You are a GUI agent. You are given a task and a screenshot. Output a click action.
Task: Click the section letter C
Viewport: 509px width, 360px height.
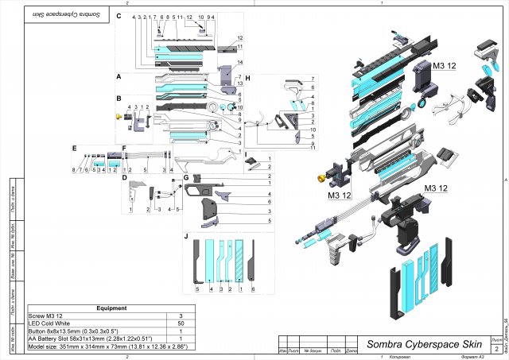(119, 16)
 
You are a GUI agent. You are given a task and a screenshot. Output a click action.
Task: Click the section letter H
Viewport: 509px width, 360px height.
(248, 78)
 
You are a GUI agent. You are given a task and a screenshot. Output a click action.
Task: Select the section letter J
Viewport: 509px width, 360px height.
(186, 236)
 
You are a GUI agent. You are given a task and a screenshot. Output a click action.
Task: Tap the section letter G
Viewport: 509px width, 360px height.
(186, 177)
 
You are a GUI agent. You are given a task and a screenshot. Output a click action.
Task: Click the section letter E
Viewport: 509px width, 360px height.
(73, 148)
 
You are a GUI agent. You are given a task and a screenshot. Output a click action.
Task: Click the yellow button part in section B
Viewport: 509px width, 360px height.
(120, 118)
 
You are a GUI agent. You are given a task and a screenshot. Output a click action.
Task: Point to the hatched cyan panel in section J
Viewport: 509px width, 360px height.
(239, 257)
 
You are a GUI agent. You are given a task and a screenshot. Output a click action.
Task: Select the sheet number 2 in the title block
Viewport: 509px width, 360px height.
(496, 349)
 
